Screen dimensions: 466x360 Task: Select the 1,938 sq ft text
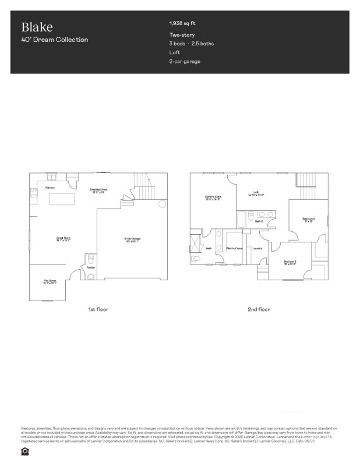pos(182,24)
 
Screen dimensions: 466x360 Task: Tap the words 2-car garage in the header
pos(185,61)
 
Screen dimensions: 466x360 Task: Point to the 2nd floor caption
pos(259,309)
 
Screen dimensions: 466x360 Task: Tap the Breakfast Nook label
pos(98,190)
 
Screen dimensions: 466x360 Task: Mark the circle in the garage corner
pos(163,204)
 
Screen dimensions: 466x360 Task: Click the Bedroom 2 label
pos(309,220)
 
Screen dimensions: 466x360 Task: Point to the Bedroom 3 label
pos(290,263)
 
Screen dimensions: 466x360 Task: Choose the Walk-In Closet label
pos(234,249)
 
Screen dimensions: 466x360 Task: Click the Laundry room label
pos(257,249)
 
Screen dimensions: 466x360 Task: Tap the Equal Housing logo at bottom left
pos(24,450)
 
